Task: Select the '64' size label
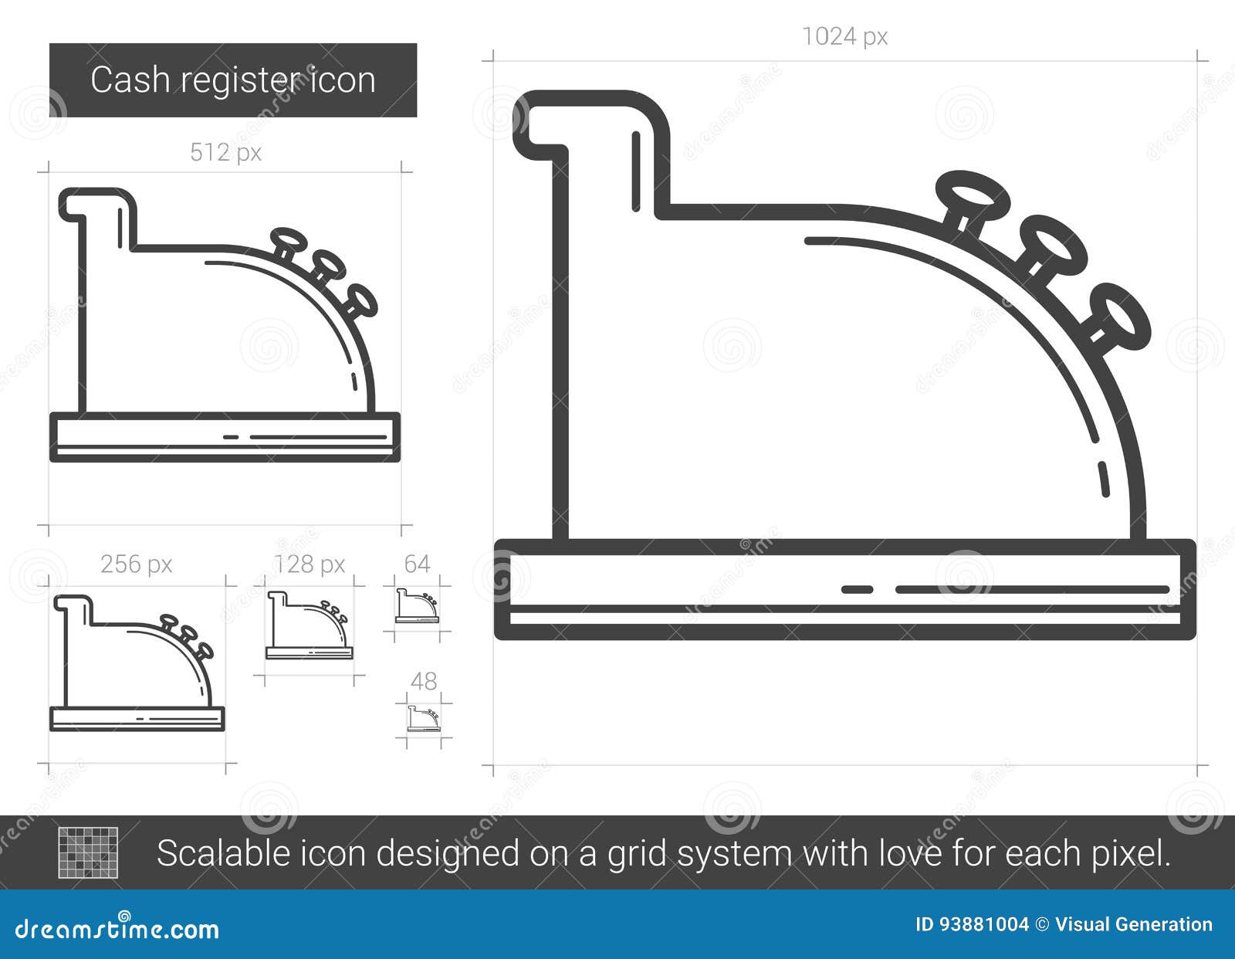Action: click(417, 564)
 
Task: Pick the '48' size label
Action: click(424, 681)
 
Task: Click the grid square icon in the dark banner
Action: click(88, 852)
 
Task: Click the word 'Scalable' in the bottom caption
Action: click(223, 853)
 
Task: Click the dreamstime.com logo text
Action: click(117, 929)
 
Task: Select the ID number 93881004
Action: click(983, 925)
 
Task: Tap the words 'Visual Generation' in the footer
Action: click(1134, 925)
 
